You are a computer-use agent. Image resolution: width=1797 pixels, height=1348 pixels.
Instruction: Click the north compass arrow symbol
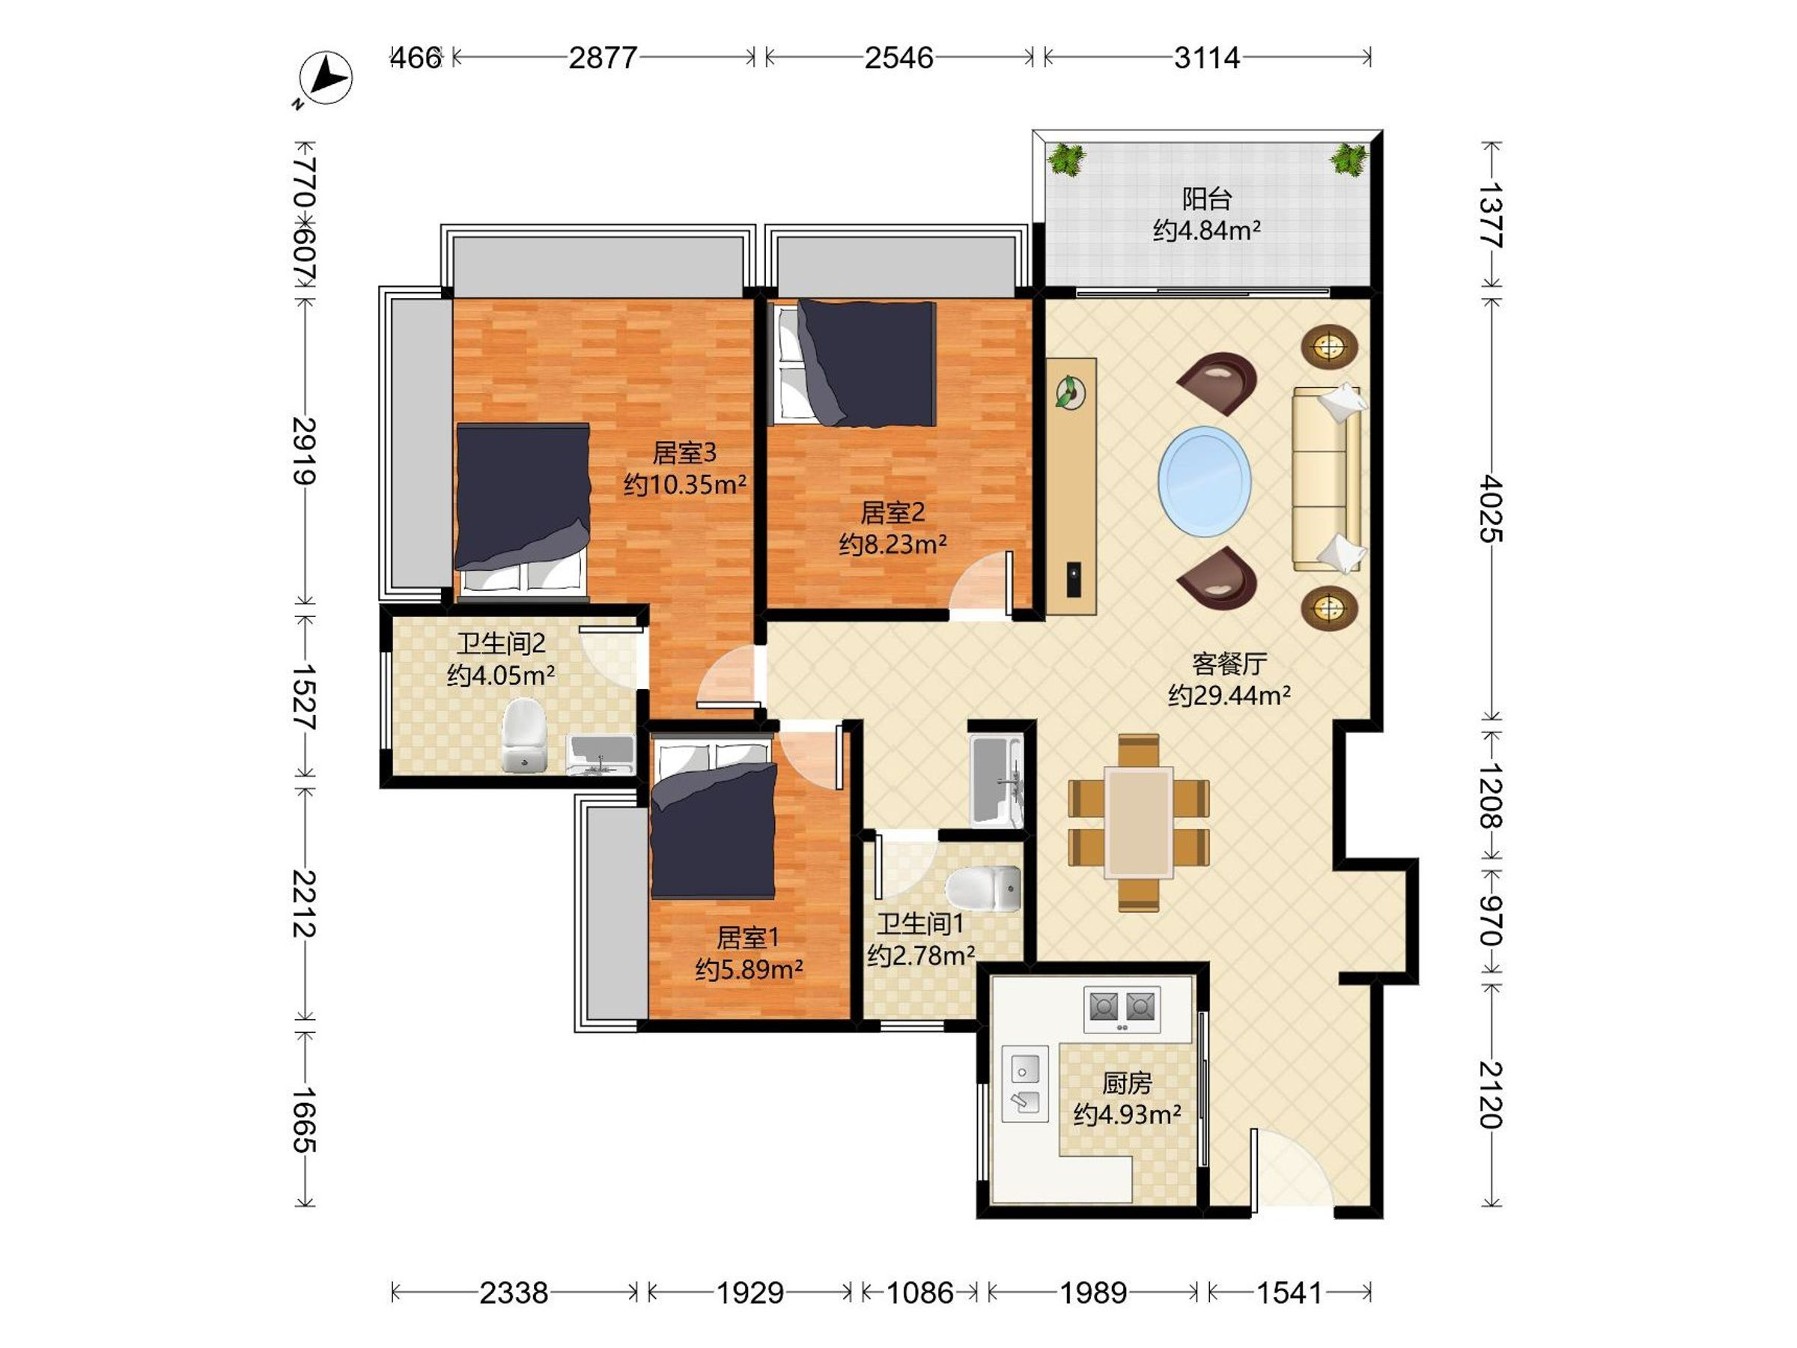coord(326,78)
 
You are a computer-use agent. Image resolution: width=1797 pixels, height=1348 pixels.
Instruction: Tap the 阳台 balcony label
coord(1206,199)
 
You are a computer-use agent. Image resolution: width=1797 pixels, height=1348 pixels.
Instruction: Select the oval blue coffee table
coord(1204,481)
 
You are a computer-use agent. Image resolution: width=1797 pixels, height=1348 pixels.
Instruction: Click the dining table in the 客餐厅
coord(1138,822)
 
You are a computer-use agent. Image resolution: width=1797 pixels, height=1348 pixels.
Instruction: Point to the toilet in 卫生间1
coord(983,888)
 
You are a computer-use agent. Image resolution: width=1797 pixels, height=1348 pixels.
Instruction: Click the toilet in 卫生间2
coord(524,735)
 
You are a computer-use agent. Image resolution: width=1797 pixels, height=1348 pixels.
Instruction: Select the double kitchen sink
coord(1024,1084)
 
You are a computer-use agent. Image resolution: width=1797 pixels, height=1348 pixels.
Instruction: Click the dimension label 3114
coord(1207,58)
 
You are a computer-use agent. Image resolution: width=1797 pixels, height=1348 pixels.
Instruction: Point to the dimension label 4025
coord(1491,508)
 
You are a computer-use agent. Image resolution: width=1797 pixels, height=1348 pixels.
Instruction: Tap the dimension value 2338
coord(514,1292)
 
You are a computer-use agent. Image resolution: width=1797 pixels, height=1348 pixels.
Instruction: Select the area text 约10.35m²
coord(685,485)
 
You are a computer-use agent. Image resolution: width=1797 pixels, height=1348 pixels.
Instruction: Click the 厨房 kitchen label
coord(1127,1083)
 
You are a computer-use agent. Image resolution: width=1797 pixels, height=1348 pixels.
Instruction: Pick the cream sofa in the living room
coord(1329,479)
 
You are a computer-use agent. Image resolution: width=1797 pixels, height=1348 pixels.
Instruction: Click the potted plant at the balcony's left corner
coord(1067,159)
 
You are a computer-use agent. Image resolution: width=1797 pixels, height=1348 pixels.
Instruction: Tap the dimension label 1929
coord(749,1292)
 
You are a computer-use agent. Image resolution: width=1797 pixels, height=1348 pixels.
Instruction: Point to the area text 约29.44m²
coord(1229,696)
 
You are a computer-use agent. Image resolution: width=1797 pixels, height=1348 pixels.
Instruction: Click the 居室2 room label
coord(893,513)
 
